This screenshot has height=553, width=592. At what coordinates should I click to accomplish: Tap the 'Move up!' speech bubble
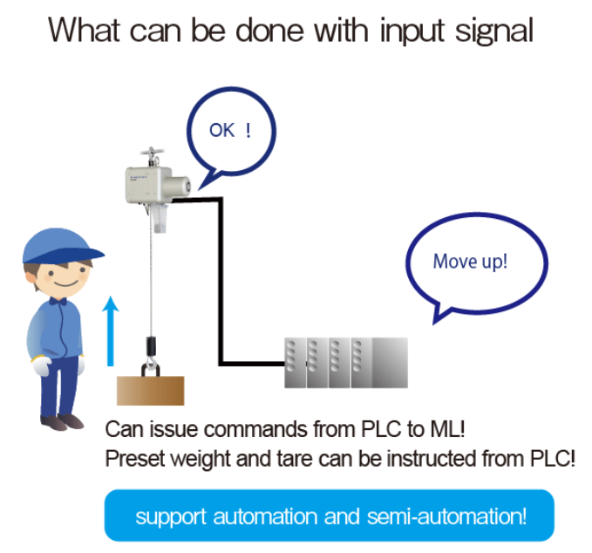(476, 261)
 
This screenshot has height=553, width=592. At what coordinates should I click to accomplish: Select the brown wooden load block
(151, 387)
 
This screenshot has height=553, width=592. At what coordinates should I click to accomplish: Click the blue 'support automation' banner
(329, 515)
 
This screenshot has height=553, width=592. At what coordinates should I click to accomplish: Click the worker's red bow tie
(58, 301)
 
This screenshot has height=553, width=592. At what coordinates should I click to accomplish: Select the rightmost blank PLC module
(390, 363)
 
